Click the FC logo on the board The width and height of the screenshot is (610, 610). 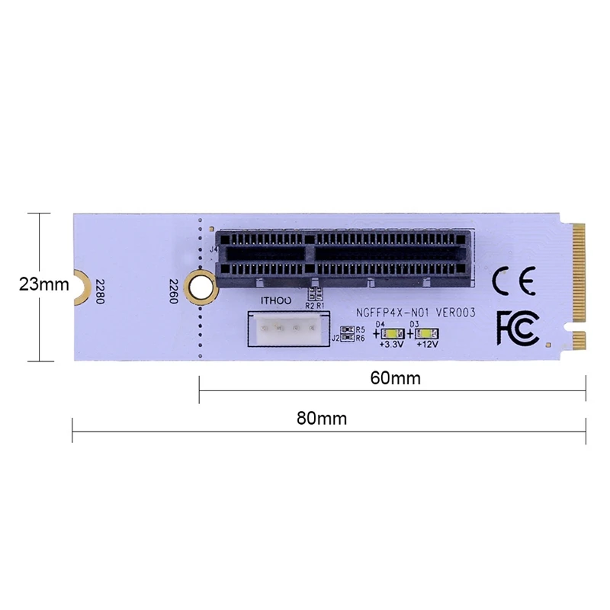click(518, 327)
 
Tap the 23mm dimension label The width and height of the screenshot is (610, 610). click(43, 285)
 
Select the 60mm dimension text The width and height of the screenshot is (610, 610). click(392, 378)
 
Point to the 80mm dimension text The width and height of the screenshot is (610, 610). click(322, 419)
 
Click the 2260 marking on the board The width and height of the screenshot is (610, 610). click(172, 290)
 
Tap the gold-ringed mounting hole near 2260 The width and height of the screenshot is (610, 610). click(200, 286)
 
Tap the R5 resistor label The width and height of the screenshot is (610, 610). click(360, 330)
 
